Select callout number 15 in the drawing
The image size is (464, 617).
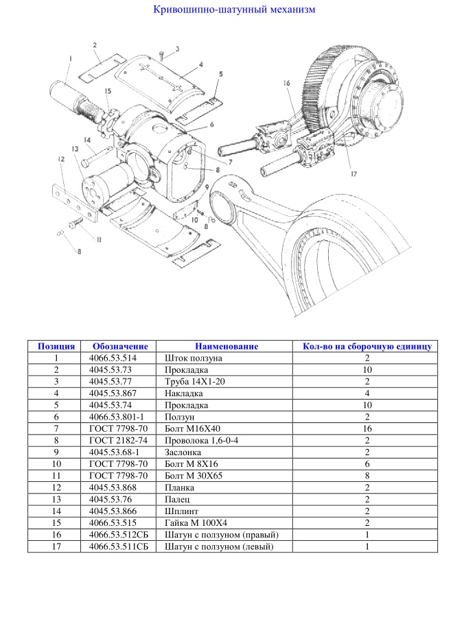107,91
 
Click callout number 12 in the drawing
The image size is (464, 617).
60,159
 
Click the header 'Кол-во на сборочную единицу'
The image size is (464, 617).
367,346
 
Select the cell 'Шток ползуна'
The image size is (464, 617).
194,358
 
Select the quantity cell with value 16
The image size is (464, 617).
367,428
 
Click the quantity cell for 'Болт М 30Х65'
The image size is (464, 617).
367,475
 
